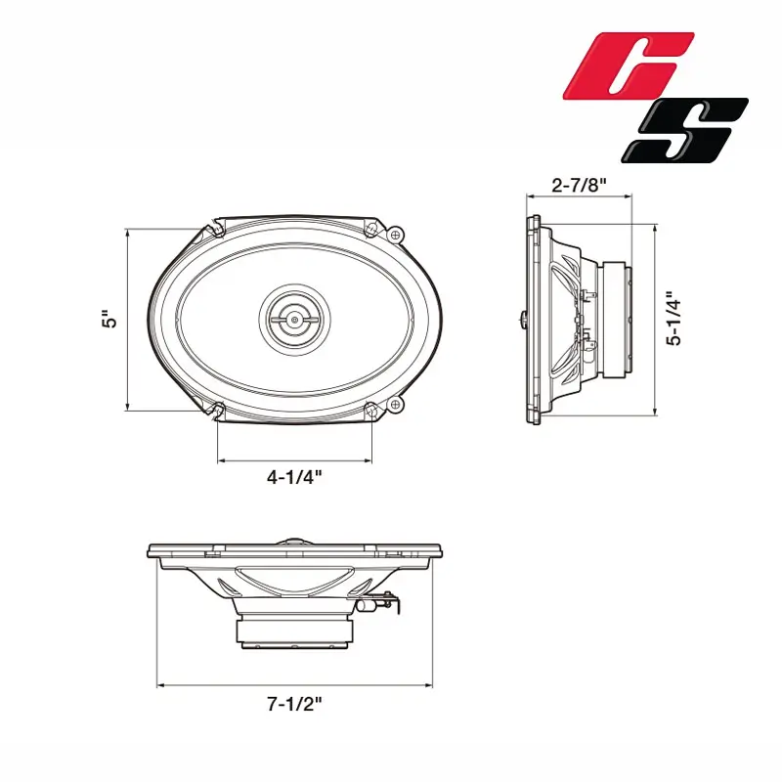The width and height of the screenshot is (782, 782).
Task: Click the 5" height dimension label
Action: [x=109, y=320]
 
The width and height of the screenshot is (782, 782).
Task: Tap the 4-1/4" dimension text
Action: [x=294, y=478]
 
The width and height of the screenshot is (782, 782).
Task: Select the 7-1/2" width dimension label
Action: [x=294, y=704]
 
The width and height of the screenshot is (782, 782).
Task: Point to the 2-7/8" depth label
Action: [x=579, y=186]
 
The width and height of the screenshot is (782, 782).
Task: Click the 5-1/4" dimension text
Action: [x=674, y=320]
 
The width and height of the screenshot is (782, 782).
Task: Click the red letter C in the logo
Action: [x=629, y=65]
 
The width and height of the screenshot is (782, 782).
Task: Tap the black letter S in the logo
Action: [x=684, y=130]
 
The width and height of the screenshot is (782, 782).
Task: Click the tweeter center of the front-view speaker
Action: [x=295, y=319]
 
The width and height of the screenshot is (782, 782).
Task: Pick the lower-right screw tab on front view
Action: [x=396, y=405]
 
